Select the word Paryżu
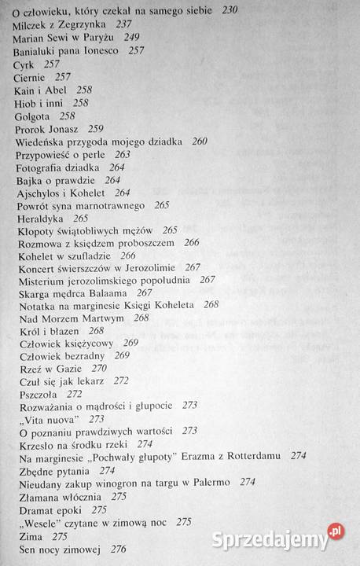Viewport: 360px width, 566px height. coord(98,37)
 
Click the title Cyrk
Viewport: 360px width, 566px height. coord(24,64)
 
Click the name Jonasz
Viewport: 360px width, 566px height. coord(65,128)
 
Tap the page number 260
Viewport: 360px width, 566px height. coord(200,141)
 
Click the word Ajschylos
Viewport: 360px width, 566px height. coord(42,192)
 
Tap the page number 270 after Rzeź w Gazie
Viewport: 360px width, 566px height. coord(98,368)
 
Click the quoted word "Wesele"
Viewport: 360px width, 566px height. coord(42,520)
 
